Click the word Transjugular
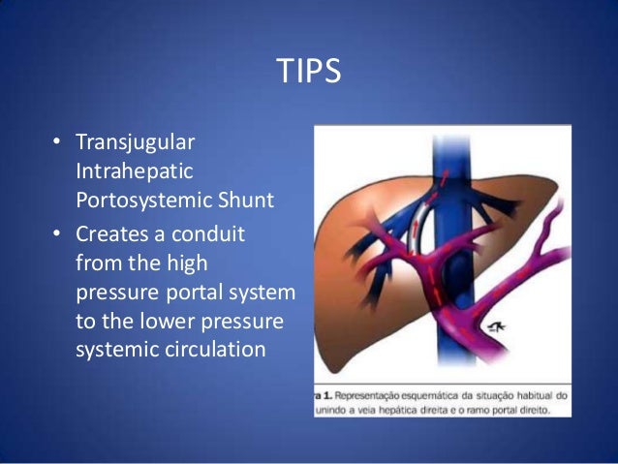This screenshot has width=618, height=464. pyautogui.click(x=135, y=142)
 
